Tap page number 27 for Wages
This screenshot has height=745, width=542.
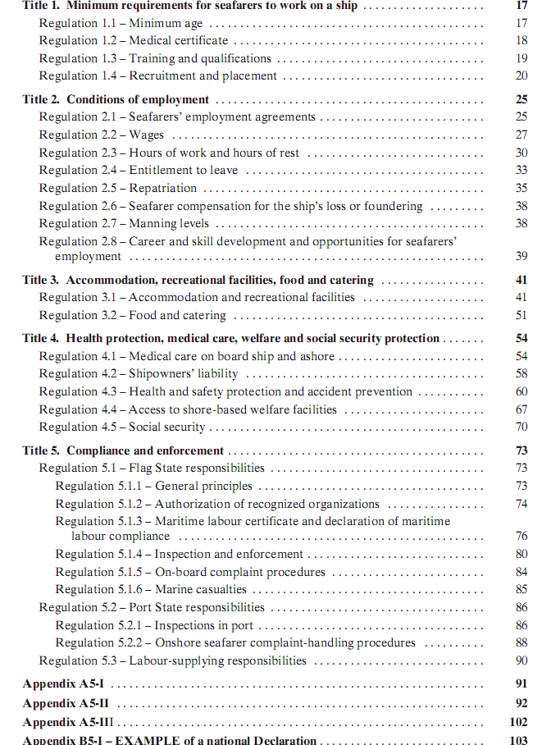[x=522, y=135]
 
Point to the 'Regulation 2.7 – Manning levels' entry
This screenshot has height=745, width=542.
[x=124, y=223]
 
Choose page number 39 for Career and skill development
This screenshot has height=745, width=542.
[x=522, y=257]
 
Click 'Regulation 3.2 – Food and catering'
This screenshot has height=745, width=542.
[x=133, y=315]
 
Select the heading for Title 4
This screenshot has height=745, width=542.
[x=231, y=338]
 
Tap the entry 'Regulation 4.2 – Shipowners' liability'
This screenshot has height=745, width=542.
[x=139, y=374]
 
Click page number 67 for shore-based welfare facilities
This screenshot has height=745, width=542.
[x=522, y=409]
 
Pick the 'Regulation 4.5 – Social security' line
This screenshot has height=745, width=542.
[x=122, y=427]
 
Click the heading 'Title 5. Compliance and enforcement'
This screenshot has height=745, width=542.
[x=123, y=450]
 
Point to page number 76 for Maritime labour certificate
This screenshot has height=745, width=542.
[x=522, y=536]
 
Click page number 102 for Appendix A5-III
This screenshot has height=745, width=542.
[x=518, y=723]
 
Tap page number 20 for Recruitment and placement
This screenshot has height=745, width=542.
[x=522, y=75]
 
